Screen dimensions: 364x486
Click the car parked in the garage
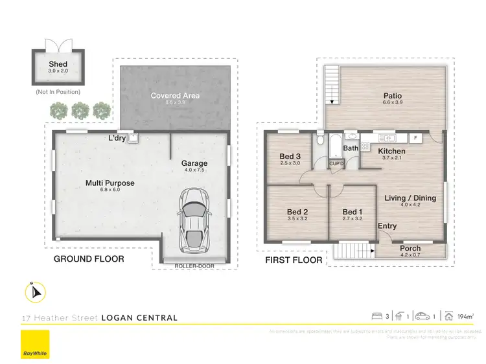coord(194,221)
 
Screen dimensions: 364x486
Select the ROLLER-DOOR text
coord(194,266)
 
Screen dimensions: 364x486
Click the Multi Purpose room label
coord(110,183)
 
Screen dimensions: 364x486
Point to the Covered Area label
coord(175,96)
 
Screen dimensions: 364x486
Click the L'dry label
coord(117,138)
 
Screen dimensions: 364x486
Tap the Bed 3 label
coord(290,156)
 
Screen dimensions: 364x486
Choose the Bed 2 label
coord(297,212)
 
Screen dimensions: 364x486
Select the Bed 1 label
coord(352,212)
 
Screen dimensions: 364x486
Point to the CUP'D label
coord(336,164)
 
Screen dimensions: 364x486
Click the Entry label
coord(388,226)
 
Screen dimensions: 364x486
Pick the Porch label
coord(410,248)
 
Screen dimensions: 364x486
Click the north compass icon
coord(35,293)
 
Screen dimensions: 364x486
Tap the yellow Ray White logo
coord(34,345)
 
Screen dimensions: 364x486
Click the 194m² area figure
coord(465,316)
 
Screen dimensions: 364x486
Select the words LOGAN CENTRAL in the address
coord(139,318)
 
